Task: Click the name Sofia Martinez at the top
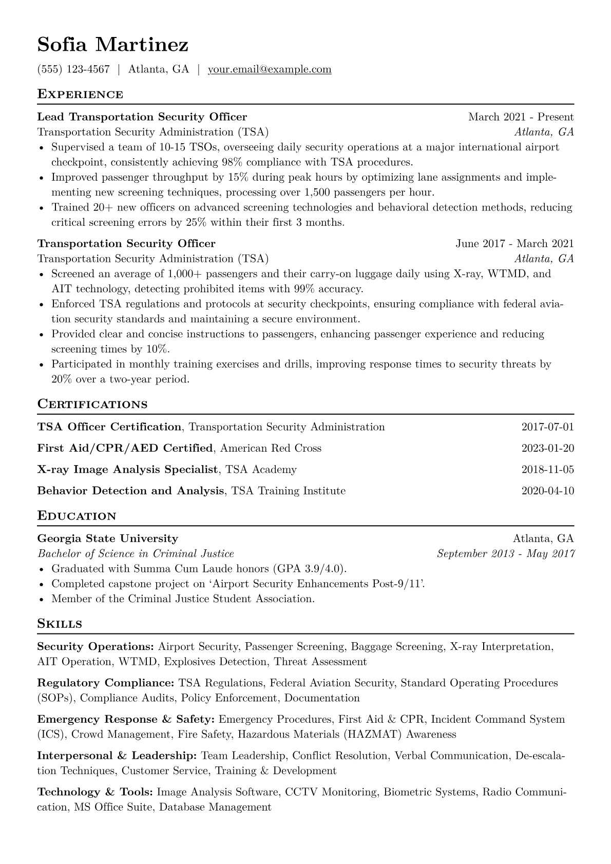112,45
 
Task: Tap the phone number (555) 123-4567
73,69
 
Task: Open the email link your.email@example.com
269,69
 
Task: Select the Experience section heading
80,94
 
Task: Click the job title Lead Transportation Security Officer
142,117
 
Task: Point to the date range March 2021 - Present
521,117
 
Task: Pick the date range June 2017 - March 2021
514,244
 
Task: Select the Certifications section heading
92,405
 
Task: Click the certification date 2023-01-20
547,449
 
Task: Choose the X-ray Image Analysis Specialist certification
128,470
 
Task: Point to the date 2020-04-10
547,491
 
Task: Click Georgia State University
108,539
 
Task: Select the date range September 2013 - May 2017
505,554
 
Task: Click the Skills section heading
60,624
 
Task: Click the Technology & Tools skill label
95,792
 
